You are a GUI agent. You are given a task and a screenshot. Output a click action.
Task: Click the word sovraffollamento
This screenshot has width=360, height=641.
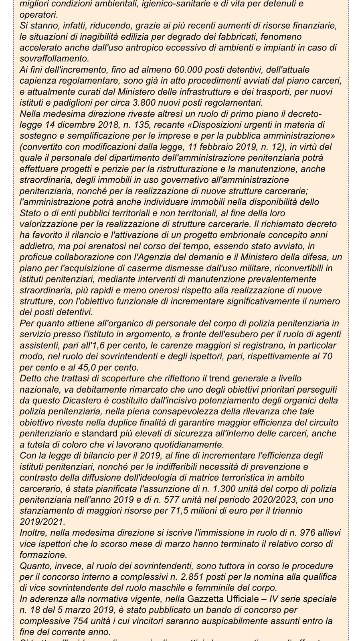pyautogui.click(x=50, y=58)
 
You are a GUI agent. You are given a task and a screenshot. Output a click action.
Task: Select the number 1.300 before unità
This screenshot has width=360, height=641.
pyautogui.click(x=216, y=489)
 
